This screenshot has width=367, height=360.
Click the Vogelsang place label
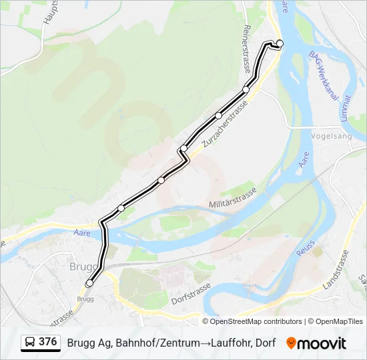(331, 135)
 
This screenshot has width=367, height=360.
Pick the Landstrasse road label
(335, 269)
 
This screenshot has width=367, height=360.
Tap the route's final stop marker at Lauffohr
(280, 44)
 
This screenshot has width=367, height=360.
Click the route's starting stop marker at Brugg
(89, 283)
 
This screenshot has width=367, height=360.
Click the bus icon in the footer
(31, 343)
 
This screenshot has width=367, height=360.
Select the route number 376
(47, 342)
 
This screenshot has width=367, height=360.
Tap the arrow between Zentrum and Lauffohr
(204, 343)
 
